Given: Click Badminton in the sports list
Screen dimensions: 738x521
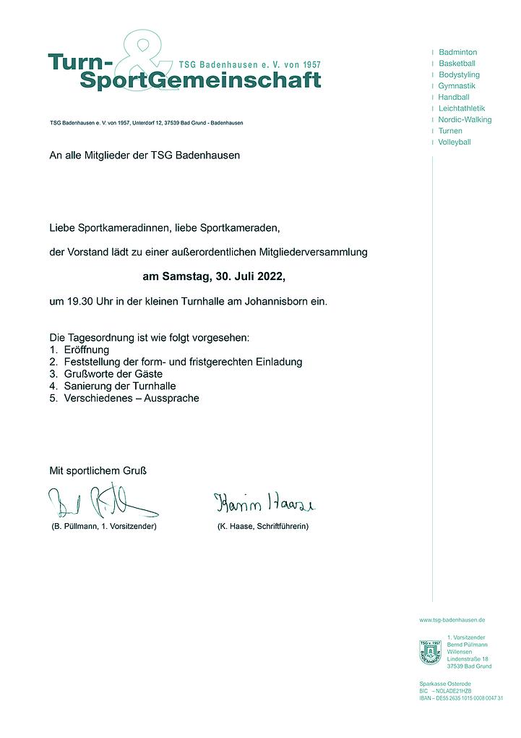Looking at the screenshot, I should pos(457,52).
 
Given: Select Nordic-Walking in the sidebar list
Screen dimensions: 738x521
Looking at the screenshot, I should pos(465,119).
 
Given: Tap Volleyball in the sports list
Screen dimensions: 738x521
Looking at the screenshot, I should pos(454,142).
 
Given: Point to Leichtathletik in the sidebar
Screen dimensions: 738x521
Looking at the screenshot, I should pos(462,109).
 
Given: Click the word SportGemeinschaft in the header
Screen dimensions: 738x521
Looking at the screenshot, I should pos(200,81).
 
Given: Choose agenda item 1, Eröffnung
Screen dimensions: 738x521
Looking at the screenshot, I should pos(86,349).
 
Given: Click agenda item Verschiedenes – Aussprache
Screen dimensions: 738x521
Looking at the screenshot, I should pos(131,398).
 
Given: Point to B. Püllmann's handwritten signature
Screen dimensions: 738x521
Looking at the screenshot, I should pos(101,501).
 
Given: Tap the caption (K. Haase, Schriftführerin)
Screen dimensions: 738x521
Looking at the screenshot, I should pos(262,526).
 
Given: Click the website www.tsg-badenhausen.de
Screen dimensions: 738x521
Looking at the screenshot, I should pos(452,620).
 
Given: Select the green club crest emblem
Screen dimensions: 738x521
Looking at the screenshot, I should pos(430,652).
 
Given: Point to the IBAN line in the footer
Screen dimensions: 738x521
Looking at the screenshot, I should pos(460,698).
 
